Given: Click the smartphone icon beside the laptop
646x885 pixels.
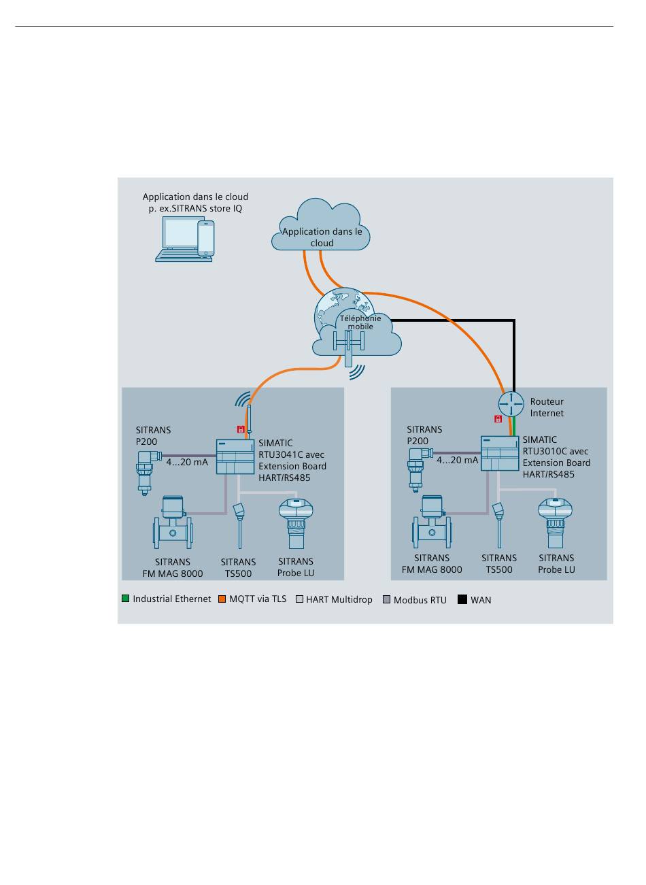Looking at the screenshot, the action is click(x=206, y=238).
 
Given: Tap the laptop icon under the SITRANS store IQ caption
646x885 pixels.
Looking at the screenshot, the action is click(x=180, y=239).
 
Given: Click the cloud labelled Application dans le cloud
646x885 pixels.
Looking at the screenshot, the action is click(x=321, y=224).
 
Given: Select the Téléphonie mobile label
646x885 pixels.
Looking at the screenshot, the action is click(x=360, y=322).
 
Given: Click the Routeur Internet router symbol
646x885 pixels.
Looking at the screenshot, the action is click(x=511, y=404).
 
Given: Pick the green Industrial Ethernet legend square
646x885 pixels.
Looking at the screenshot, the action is click(x=126, y=599).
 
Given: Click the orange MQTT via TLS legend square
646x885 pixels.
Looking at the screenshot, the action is click(x=222, y=599).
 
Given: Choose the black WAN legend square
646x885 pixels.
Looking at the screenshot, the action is click(x=462, y=600).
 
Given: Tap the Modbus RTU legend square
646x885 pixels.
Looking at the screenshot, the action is click(x=386, y=600).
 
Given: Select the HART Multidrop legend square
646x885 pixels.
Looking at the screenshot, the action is click(x=300, y=599).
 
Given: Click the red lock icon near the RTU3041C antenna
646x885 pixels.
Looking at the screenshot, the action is click(x=241, y=429).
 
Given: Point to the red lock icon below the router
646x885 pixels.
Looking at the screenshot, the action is click(x=498, y=419).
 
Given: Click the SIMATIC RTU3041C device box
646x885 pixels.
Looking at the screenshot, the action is click(x=235, y=456).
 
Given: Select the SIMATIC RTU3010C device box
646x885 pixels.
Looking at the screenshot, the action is click(x=500, y=453).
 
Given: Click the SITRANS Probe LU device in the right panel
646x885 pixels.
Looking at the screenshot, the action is click(x=555, y=522).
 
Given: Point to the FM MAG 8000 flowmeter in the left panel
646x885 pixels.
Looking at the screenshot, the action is click(x=173, y=522).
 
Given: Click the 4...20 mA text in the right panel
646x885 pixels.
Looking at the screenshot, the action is click(x=457, y=461).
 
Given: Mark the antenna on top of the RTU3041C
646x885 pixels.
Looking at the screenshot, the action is click(x=249, y=422).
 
